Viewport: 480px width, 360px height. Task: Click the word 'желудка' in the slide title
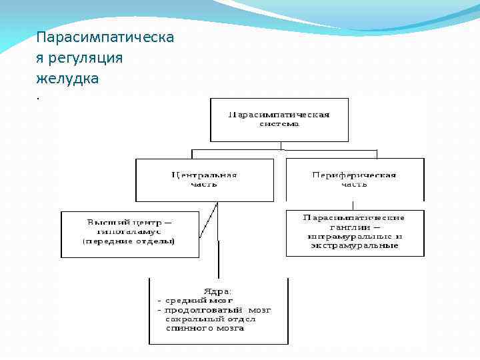pos(67,79)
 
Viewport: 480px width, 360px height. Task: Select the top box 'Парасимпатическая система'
pos(279,120)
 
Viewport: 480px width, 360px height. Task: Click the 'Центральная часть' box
pos(205,180)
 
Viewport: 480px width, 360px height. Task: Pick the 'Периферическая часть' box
pos(355,180)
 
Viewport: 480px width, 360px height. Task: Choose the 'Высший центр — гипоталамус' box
pos(130,234)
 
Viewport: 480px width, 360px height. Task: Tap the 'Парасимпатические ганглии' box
pos(355,233)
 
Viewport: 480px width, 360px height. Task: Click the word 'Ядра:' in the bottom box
pos(217,291)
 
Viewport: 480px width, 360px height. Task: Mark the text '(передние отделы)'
pos(129,241)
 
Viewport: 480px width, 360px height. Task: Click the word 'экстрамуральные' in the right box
pos(355,245)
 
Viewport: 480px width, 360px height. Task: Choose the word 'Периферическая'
pos(355,175)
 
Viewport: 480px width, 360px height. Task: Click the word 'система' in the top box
pos(280,124)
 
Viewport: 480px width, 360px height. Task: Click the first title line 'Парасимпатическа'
pos(105,37)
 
